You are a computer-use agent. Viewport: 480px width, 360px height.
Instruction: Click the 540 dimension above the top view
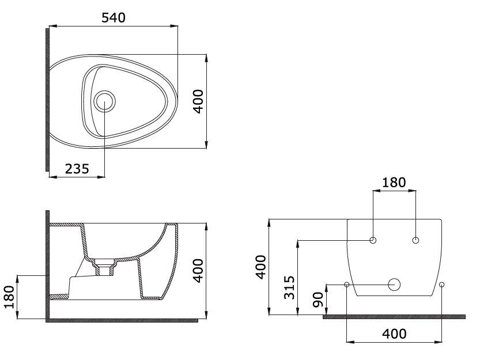tap(113, 17)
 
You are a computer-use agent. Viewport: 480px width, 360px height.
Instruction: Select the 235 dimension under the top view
tap(76, 168)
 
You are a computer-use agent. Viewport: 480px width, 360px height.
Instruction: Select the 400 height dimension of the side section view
tap(198, 270)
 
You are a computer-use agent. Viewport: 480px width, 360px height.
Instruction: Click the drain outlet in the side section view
tap(104, 270)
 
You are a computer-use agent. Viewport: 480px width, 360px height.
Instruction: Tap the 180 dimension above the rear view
tap(394, 183)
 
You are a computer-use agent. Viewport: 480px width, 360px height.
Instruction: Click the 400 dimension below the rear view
tap(394, 334)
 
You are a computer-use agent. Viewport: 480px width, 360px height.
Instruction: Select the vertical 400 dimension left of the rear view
tap(261, 267)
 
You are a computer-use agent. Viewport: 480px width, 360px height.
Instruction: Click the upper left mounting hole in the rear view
tap(373, 240)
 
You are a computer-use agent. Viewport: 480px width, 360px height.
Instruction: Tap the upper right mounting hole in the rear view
tap(416, 240)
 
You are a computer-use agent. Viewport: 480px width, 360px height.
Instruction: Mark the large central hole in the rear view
tap(395, 284)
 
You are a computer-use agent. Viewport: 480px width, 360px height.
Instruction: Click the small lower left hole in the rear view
tap(346, 284)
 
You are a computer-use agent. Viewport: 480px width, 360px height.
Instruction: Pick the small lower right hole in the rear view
tap(442, 284)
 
